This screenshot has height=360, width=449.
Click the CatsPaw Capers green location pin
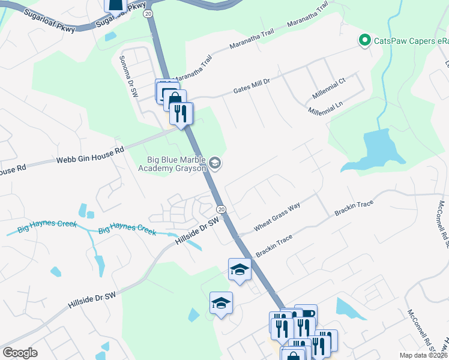tap(364, 41)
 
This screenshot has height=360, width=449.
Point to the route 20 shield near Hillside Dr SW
tap(221, 209)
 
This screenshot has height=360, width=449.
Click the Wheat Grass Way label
tap(277, 215)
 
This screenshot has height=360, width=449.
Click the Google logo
tap(20, 353)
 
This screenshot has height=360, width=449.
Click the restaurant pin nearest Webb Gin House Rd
tap(181, 113)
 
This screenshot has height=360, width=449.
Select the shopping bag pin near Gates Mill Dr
tap(174, 100)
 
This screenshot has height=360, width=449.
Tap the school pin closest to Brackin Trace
tap(240, 269)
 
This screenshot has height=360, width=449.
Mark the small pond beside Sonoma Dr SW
tap(110, 36)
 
